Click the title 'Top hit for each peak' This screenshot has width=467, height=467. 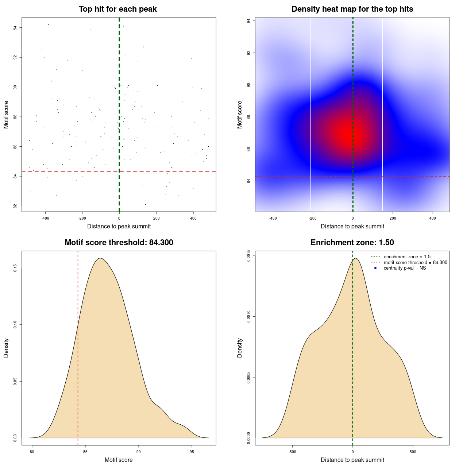coord(118,9)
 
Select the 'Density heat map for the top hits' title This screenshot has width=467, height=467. coord(352,9)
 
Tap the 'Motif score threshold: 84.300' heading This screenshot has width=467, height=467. coord(119,243)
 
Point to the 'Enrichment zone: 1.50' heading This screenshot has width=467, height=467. coord(352,243)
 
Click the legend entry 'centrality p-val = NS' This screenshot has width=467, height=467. coord(405,268)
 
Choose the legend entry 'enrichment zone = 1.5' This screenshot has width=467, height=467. coord(407,257)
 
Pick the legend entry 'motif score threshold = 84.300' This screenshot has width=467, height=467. coord(415,263)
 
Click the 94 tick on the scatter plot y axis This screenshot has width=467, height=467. coord(15,28)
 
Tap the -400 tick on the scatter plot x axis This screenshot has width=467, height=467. coord(45,219)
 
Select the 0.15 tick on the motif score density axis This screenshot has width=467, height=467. coord(15,269)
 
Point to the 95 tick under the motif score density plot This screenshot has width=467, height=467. coord(192,452)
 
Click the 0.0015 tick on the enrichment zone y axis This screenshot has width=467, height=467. coord(249,256)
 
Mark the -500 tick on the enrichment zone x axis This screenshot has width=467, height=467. coord(292,452)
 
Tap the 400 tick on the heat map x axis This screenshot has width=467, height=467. coord(432,219)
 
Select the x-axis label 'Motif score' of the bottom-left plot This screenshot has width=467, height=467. coord(119,460)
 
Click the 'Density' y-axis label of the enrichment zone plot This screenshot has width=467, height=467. coord(240,348)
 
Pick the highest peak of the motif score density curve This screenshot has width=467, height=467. coord(100,258)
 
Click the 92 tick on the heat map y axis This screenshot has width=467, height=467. coord(249,53)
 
